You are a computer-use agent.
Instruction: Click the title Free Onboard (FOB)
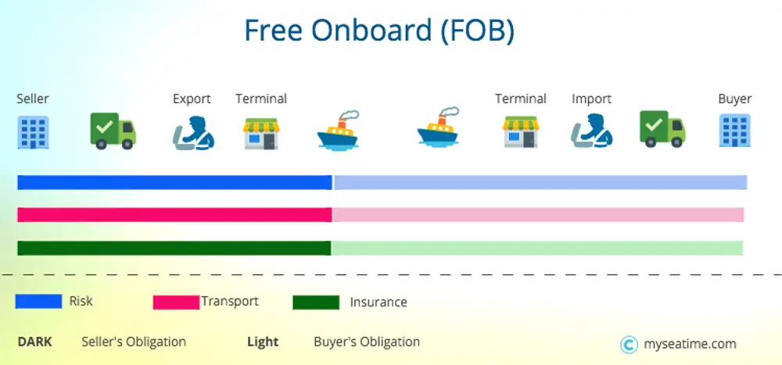click(378, 30)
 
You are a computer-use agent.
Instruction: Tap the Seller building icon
click(33, 131)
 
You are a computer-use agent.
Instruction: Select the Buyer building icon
click(734, 131)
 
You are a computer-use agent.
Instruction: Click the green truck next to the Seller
click(113, 131)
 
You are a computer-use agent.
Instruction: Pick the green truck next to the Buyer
click(662, 129)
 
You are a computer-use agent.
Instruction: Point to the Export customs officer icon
click(192, 132)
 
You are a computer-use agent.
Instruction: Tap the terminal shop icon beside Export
click(261, 132)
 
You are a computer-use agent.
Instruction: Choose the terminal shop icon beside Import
click(521, 131)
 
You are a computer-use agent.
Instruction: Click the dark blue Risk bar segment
click(174, 182)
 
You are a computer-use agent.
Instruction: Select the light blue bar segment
click(540, 182)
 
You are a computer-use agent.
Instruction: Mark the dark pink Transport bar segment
click(174, 215)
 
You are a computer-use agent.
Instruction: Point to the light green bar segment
click(537, 248)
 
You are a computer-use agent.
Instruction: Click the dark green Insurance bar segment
click(174, 248)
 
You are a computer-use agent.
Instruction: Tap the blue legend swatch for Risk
click(38, 302)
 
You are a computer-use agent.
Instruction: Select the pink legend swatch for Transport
click(176, 302)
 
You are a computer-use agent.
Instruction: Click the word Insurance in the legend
click(378, 302)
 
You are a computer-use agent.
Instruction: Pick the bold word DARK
click(34, 342)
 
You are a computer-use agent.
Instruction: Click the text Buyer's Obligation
click(367, 342)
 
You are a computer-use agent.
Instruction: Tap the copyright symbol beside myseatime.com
click(628, 345)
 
